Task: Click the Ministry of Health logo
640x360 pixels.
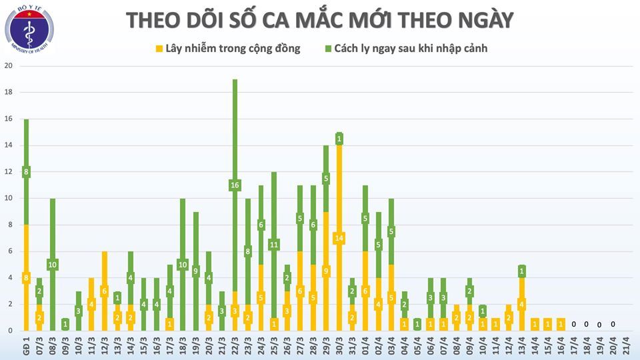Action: coord(30,31)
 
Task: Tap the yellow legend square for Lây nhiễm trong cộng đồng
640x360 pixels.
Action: coord(159,49)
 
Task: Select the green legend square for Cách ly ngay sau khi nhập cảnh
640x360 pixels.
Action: coord(328,49)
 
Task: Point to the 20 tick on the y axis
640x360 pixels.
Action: coord(8,66)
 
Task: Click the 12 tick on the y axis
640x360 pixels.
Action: coord(8,172)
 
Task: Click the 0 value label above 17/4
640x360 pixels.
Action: coord(573,324)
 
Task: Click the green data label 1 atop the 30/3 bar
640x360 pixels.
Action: coord(339,139)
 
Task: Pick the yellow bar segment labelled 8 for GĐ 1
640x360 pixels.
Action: coord(26,278)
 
